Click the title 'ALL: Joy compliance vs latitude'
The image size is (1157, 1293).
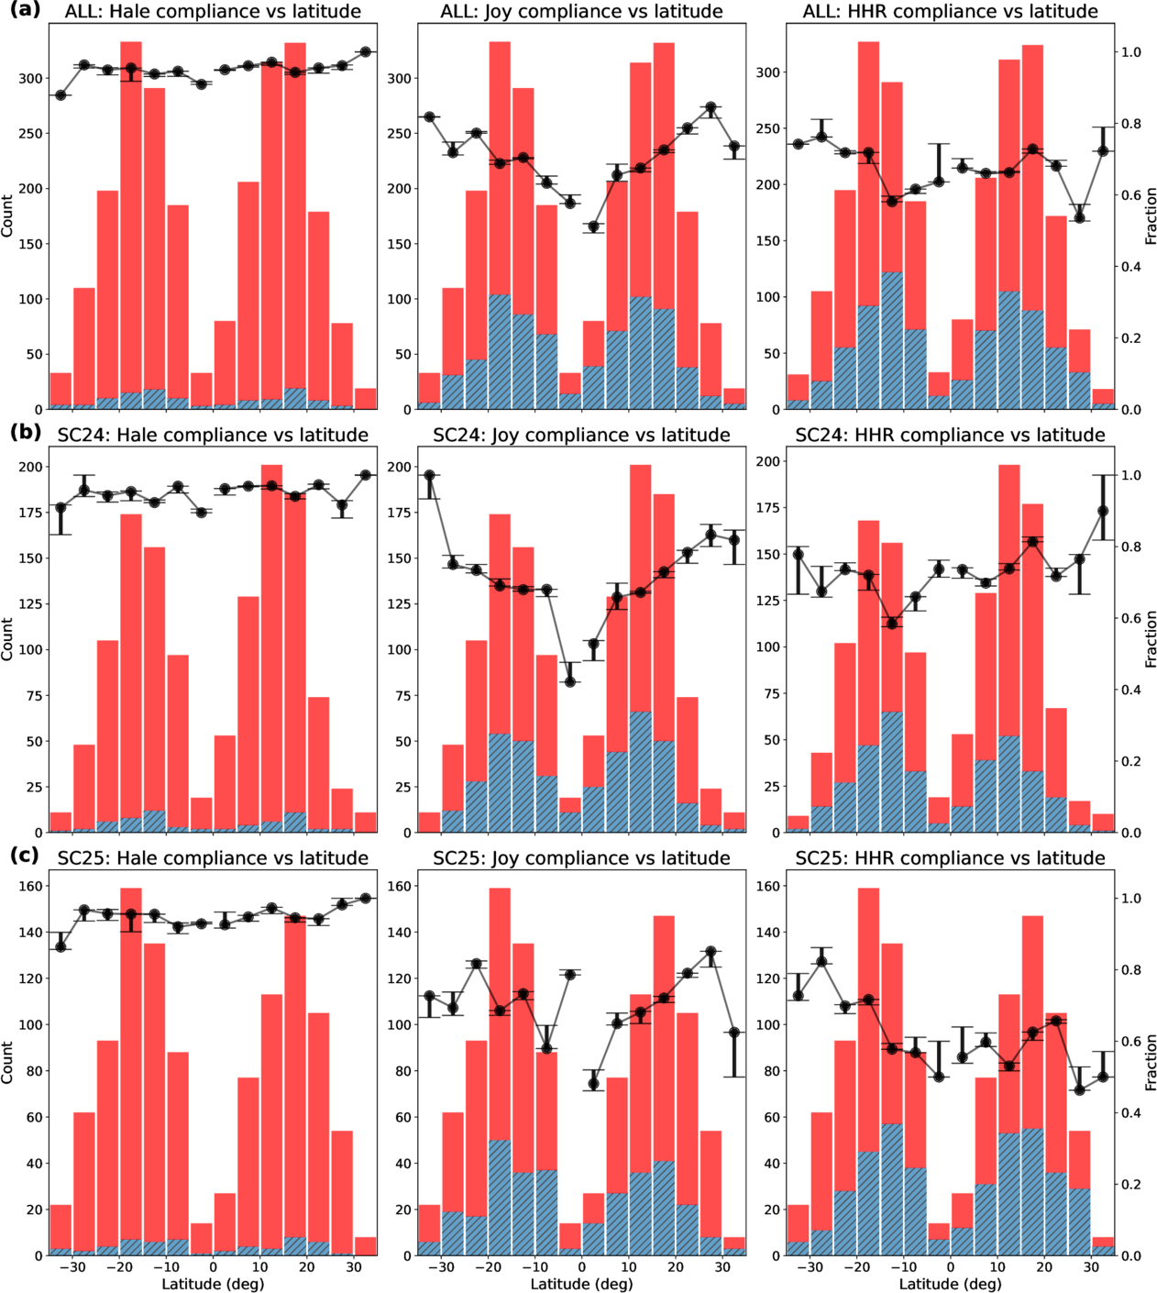(x=581, y=11)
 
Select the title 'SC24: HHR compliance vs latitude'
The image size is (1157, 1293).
(x=950, y=435)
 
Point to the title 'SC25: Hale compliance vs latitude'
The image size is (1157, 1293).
(x=213, y=857)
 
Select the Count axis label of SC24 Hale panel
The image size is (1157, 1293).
(x=7, y=639)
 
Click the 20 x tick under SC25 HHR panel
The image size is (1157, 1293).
(x=1044, y=1266)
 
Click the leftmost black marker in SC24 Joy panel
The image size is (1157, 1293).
(x=429, y=475)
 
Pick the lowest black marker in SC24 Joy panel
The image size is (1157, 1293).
(x=570, y=681)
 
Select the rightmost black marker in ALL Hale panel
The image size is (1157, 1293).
(x=366, y=51)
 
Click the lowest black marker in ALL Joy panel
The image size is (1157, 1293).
(x=593, y=227)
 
